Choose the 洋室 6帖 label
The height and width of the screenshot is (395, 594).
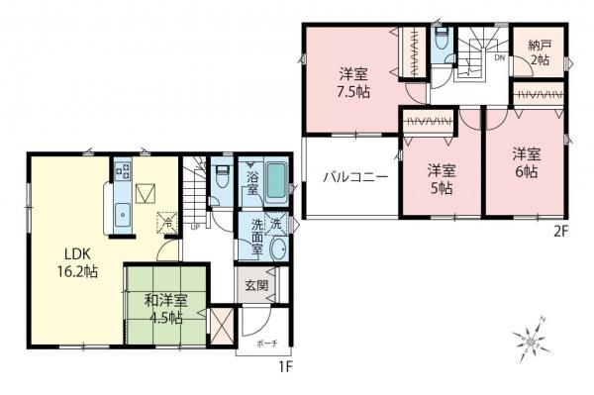click(525, 163)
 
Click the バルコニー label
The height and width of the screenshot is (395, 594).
click(351, 179)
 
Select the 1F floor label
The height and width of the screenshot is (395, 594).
click(286, 366)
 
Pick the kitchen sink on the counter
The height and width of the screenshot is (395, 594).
click(123, 212)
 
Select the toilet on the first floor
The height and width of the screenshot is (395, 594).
click(220, 177)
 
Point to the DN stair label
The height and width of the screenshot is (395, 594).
click(498, 56)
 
